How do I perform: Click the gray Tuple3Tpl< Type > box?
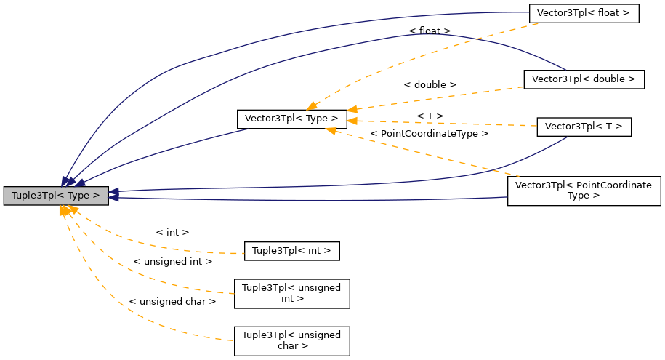click(56, 196)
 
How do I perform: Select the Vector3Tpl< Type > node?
click(291, 118)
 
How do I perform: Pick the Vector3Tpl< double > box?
click(584, 79)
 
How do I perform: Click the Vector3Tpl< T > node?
click(584, 127)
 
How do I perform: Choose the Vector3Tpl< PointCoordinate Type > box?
click(584, 191)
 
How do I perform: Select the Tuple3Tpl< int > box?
click(291, 251)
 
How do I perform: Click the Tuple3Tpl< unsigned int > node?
click(291, 293)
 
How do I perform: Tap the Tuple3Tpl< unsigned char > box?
click(291, 340)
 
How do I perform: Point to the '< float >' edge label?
click(430, 31)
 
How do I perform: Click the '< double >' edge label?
click(430, 84)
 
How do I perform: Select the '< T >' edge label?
click(430, 116)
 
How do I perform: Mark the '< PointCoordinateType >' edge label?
click(429, 134)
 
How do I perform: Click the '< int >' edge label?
click(172, 232)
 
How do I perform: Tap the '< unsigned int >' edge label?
click(172, 261)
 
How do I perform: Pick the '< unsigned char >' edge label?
click(172, 301)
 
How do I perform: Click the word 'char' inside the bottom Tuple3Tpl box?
click(291, 346)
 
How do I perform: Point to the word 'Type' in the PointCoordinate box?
click(584, 196)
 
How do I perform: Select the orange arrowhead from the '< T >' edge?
click(352, 120)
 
